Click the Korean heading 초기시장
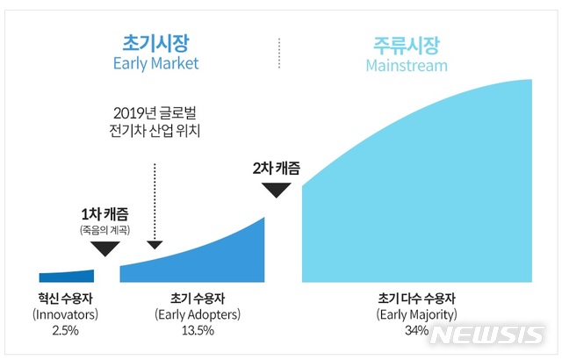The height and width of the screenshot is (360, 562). (155, 42)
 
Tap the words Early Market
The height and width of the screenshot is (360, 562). (155, 63)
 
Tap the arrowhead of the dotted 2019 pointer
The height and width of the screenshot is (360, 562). (155, 244)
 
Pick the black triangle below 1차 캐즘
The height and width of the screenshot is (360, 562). (105, 248)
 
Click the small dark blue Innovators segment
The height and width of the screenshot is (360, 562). (67, 276)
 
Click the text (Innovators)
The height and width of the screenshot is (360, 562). (66, 313)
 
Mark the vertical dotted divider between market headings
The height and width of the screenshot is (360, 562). (278, 53)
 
